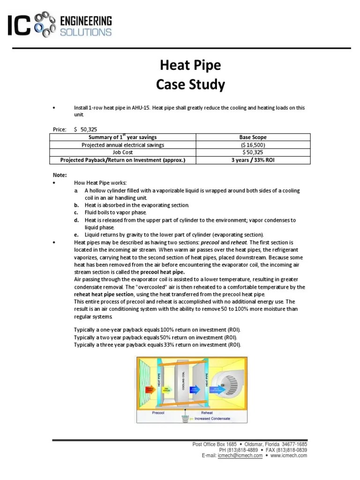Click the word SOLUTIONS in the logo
[86, 32]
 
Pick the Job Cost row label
[123, 152]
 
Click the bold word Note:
[60, 175]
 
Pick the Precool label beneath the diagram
[158, 413]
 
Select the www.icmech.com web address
[289, 455]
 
